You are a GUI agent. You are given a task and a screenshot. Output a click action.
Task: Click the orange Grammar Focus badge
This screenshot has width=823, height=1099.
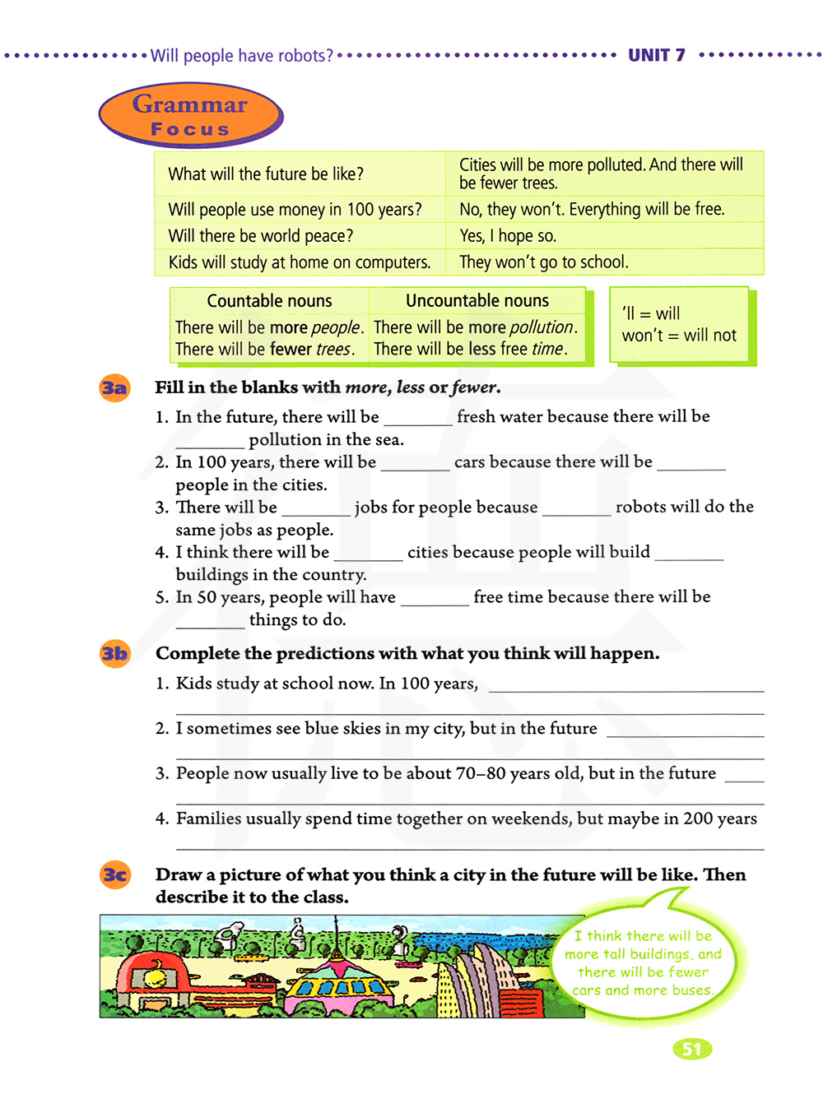click(190, 116)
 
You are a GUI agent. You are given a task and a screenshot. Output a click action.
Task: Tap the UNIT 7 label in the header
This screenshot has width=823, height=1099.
click(656, 55)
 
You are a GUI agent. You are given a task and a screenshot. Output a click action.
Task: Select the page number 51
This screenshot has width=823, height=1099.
click(692, 1049)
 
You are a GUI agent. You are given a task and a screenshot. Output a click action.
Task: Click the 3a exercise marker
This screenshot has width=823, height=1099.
click(114, 387)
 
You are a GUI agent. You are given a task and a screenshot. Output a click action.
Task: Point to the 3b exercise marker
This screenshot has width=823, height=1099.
click(114, 654)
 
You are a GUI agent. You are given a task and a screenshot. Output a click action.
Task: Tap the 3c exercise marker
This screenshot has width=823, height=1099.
click(114, 874)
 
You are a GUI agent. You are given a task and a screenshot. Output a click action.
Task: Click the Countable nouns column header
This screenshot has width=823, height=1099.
click(269, 301)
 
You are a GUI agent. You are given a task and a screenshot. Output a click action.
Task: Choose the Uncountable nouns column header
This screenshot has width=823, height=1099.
click(477, 301)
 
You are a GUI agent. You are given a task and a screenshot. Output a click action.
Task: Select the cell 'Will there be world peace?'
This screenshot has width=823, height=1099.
click(261, 236)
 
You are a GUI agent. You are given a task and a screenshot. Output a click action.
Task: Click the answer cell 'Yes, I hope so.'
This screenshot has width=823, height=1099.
click(508, 236)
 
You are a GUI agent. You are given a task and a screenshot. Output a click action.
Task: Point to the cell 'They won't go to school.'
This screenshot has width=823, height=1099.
click(544, 262)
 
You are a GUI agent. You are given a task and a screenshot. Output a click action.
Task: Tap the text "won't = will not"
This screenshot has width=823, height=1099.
click(679, 336)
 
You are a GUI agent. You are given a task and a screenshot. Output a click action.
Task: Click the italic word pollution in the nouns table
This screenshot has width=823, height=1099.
click(541, 327)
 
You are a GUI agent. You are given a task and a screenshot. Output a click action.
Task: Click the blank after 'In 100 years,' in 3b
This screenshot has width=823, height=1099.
click(625, 686)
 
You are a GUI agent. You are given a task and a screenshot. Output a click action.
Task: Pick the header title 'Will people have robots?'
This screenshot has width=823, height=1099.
click(242, 56)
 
